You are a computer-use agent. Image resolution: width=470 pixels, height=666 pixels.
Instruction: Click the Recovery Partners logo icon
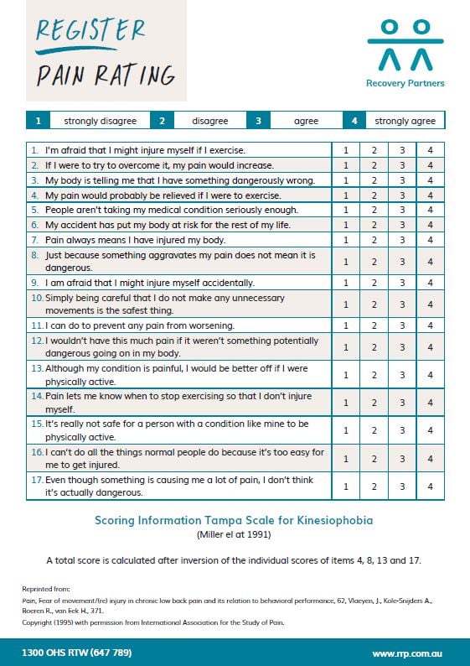click(405, 45)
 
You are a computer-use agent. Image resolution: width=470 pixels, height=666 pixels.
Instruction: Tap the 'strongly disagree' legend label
click(100, 121)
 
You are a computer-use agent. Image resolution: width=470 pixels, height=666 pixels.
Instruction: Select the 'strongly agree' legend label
click(405, 121)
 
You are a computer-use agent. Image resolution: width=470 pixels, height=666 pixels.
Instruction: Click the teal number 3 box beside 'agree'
click(258, 121)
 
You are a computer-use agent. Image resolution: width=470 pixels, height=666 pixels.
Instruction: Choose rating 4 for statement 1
click(430, 150)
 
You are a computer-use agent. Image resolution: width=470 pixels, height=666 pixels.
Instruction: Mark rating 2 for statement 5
click(374, 209)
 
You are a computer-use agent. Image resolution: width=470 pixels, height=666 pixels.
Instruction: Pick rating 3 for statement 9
click(402, 283)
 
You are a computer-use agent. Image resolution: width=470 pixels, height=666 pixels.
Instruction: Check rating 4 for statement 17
click(430, 486)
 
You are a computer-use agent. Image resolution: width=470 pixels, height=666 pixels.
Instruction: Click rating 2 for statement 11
click(374, 325)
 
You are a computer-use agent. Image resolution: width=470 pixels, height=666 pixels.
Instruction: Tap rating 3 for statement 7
click(402, 239)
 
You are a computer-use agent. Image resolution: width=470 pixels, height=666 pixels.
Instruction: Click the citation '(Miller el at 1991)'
click(235, 534)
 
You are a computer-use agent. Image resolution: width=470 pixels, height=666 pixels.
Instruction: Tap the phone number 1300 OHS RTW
click(77, 653)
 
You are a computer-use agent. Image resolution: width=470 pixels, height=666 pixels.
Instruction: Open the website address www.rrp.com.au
click(408, 653)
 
